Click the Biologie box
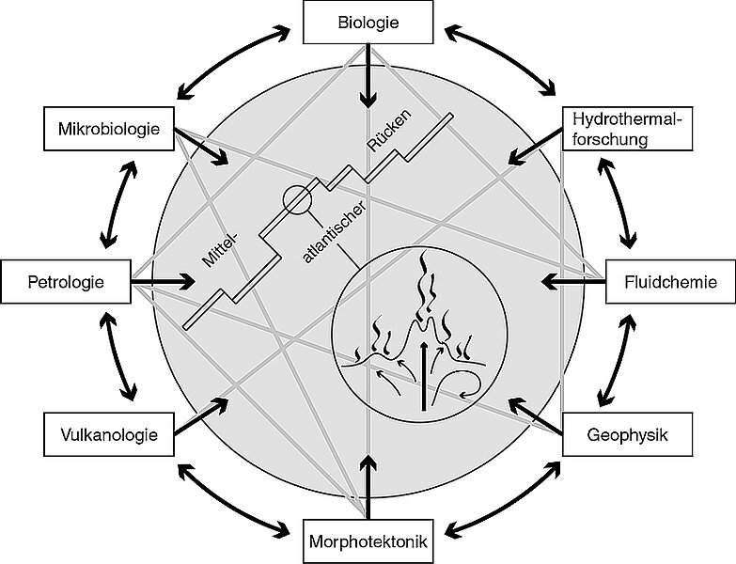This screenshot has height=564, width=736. tap(368, 23)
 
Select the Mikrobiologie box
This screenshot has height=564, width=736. tap(109, 128)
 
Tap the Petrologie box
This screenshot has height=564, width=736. tap(66, 280)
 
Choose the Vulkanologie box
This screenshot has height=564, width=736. tap(109, 434)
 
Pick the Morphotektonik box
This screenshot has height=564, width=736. tap(368, 541)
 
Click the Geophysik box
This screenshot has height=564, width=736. tap(626, 434)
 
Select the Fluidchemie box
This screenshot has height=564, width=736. tap(669, 280)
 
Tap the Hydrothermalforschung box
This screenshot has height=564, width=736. tap(626, 130)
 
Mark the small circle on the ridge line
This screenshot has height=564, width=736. tap(296, 199)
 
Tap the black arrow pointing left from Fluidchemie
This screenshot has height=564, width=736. tap(573, 280)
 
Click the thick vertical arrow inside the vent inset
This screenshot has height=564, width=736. tap(425, 376)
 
